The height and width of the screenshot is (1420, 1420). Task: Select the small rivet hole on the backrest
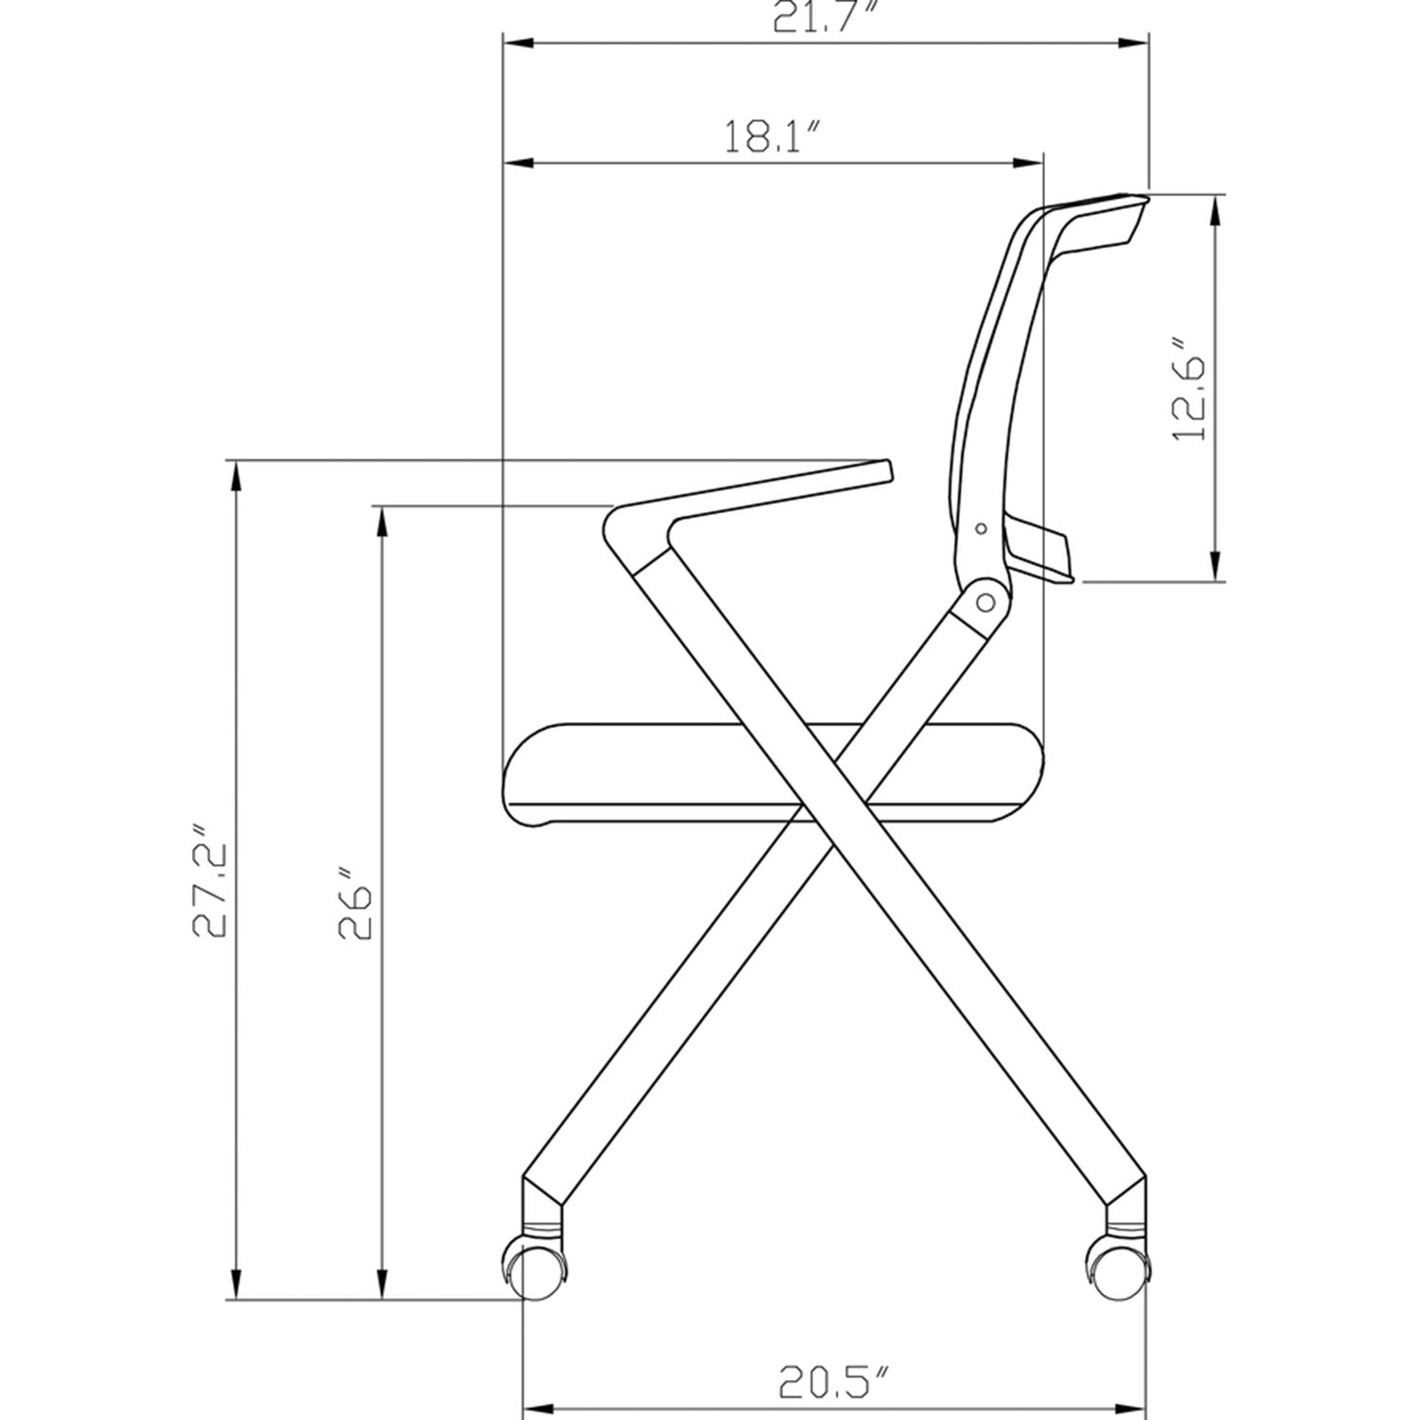[x=982, y=528]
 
